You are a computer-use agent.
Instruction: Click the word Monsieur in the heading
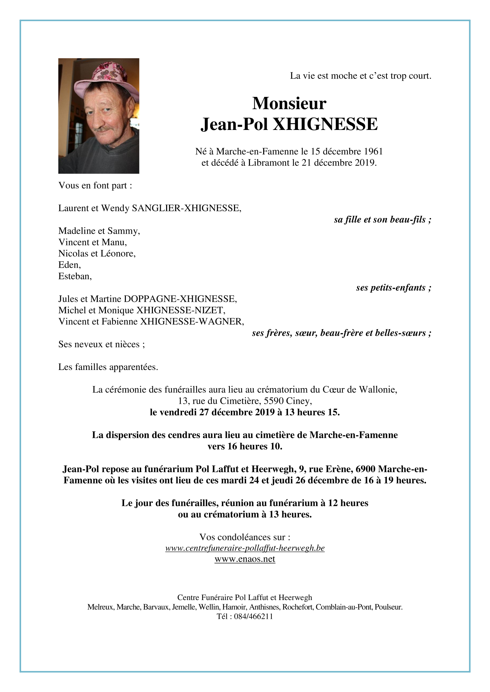[289, 103]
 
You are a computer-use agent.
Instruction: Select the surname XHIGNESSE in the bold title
[325, 124]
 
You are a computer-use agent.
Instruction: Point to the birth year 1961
[373, 152]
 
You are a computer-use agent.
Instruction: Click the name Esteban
[75, 276]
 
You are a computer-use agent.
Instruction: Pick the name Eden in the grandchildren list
[69, 265]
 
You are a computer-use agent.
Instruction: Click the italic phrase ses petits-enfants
[393, 288]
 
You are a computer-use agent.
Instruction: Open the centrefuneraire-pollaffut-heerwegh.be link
[245, 548]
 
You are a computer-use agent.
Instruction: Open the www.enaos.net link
[245, 559]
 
